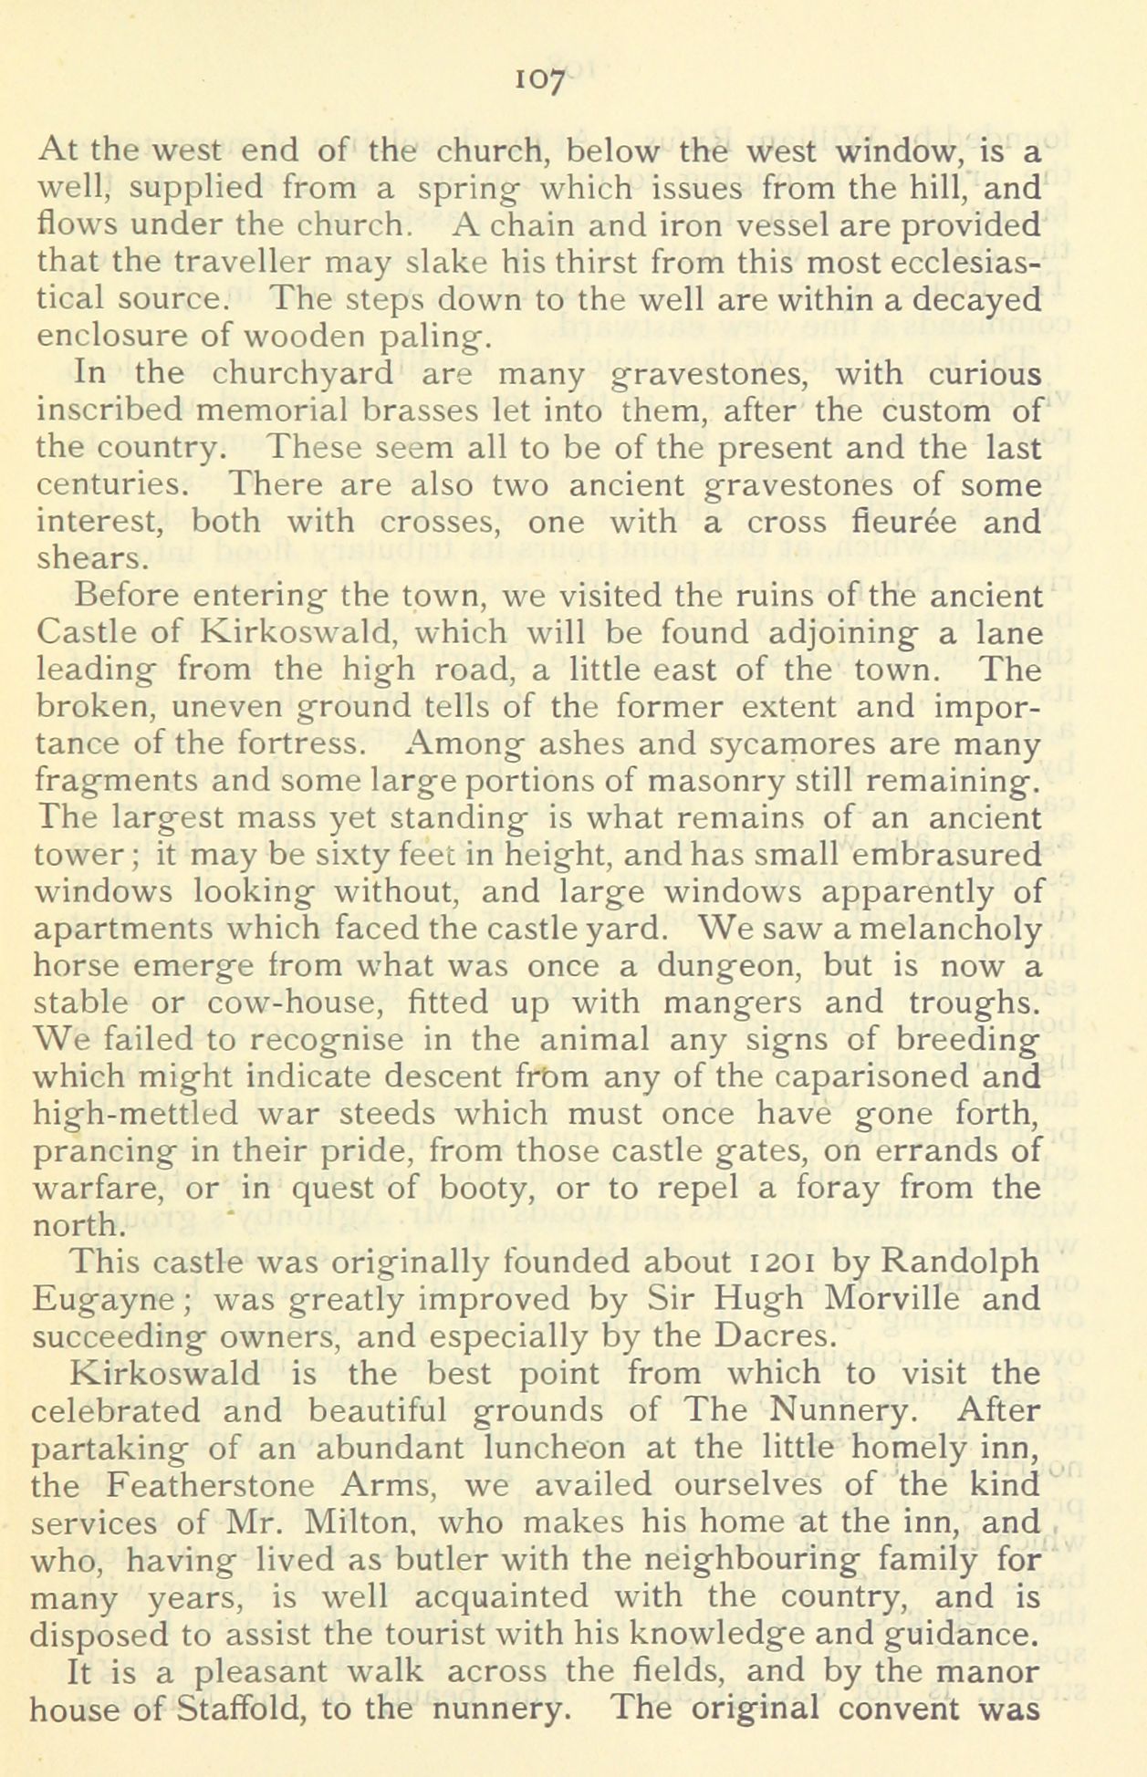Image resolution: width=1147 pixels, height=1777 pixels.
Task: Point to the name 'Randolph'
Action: tap(962, 1263)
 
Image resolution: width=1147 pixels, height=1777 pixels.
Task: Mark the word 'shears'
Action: tap(89, 558)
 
